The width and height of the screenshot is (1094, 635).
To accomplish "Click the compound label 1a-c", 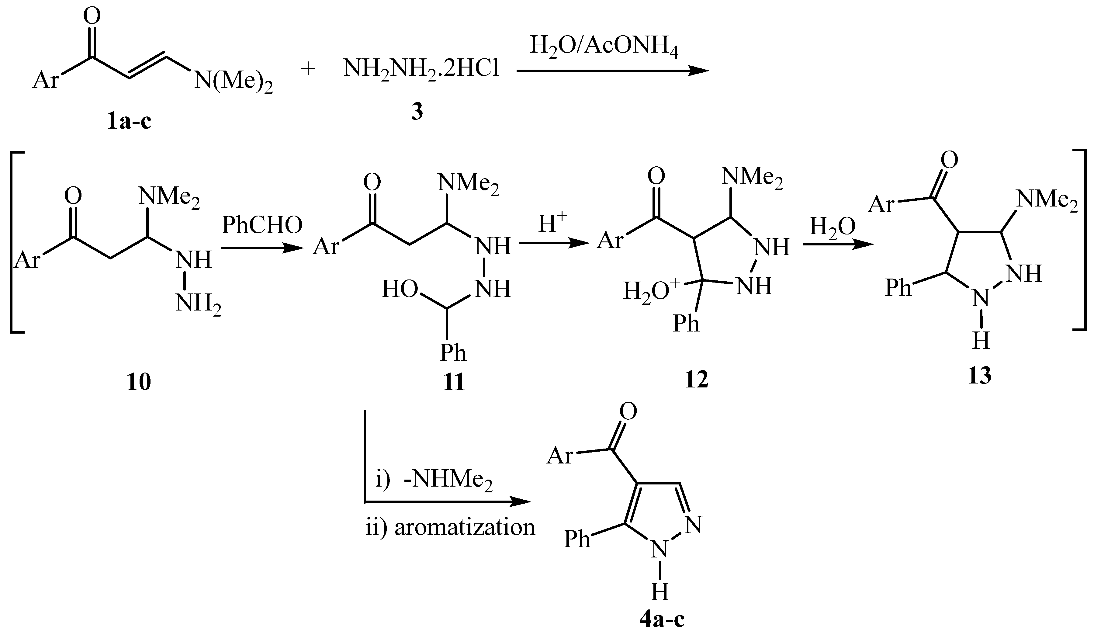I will pyautogui.click(x=129, y=121).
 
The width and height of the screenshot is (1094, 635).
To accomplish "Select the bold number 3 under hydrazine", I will pyautogui.click(x=417, y=112).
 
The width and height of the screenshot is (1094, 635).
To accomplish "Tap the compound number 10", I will pyautogui.click(x=139, y=382).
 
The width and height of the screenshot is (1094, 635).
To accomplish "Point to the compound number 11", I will pyautogui.click(x=454, y=382).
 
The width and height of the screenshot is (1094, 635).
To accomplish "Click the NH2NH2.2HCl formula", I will pyautogui.click(x=421, y=70).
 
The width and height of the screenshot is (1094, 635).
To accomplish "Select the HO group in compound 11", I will pyautogui.click(x=400, y=289).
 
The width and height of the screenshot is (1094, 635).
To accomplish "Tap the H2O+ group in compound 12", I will pyautogui.click(x=652, y=290).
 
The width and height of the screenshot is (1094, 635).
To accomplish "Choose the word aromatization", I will pyautogui.click(x=465, y=527).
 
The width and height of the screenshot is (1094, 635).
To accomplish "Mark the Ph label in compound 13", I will pyautogui.click(x=898, y=287).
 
